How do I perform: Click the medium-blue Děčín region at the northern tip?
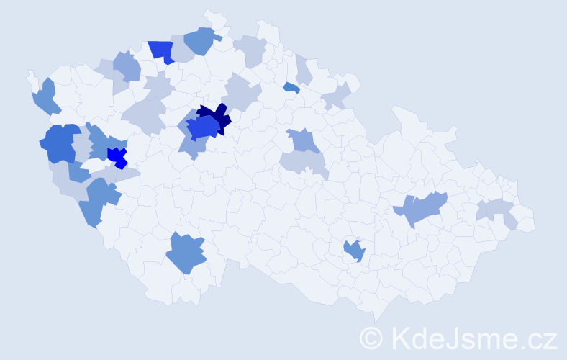click(200, 40)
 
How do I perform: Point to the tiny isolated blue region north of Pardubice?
click(291, 87)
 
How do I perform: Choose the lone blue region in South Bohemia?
click(186, 253)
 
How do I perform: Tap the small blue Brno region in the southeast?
click(354, 251)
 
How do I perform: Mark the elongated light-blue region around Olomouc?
click(421, 210)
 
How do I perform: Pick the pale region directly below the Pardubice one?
click(303, 163)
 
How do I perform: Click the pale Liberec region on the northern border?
click(250, 50)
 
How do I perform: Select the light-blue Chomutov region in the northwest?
click(127, 66)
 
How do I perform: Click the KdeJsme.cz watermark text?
click(473, 337)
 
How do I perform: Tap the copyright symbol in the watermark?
click(371, 337)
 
